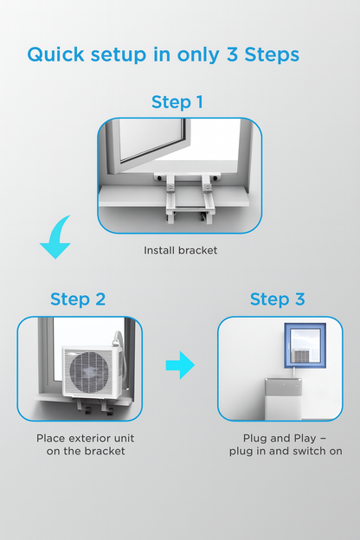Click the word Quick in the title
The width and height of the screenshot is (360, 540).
pos(55,55)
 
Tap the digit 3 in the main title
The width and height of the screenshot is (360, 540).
pos(232,55)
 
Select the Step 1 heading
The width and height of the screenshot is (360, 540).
pos(177,103)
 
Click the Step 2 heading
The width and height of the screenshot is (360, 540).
pos(78,299)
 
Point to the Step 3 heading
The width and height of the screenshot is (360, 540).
pos(277,299)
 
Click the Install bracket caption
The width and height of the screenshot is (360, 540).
pos(181,250)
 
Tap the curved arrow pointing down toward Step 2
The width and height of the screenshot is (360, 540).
pos(55,238)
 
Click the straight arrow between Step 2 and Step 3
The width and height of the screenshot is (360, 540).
pos(180,365)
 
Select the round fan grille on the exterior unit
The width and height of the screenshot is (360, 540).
pos(90,371)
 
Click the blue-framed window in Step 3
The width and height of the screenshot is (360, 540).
pos(305,345)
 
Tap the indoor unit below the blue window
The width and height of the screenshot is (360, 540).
pos(283,398)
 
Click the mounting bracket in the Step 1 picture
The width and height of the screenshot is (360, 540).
pos(188,196)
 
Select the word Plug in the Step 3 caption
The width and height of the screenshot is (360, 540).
pos(255,439)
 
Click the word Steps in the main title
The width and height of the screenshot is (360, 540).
pos(272,55)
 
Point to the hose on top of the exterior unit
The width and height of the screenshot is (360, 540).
pos(117,339)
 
